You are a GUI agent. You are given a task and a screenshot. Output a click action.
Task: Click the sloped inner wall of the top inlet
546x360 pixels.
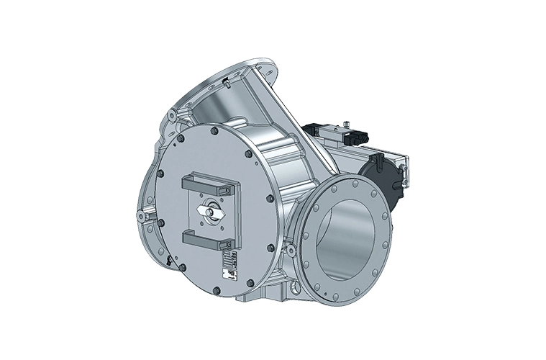pyautogui.click(x=216, y=108)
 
